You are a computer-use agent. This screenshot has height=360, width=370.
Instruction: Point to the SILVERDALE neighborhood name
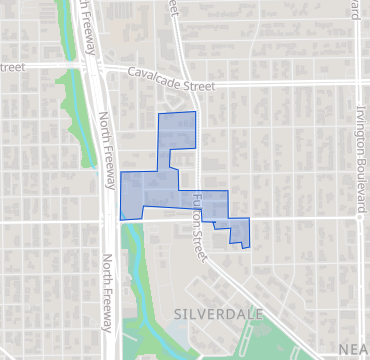click(x=218, y=314)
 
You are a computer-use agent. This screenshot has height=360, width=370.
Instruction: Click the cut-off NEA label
click(x=353, y=347)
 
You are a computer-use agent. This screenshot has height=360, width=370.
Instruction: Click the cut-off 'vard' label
click(x=355, y=12)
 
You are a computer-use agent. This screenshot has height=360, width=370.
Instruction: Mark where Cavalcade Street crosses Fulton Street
click(x=196, y=86)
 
